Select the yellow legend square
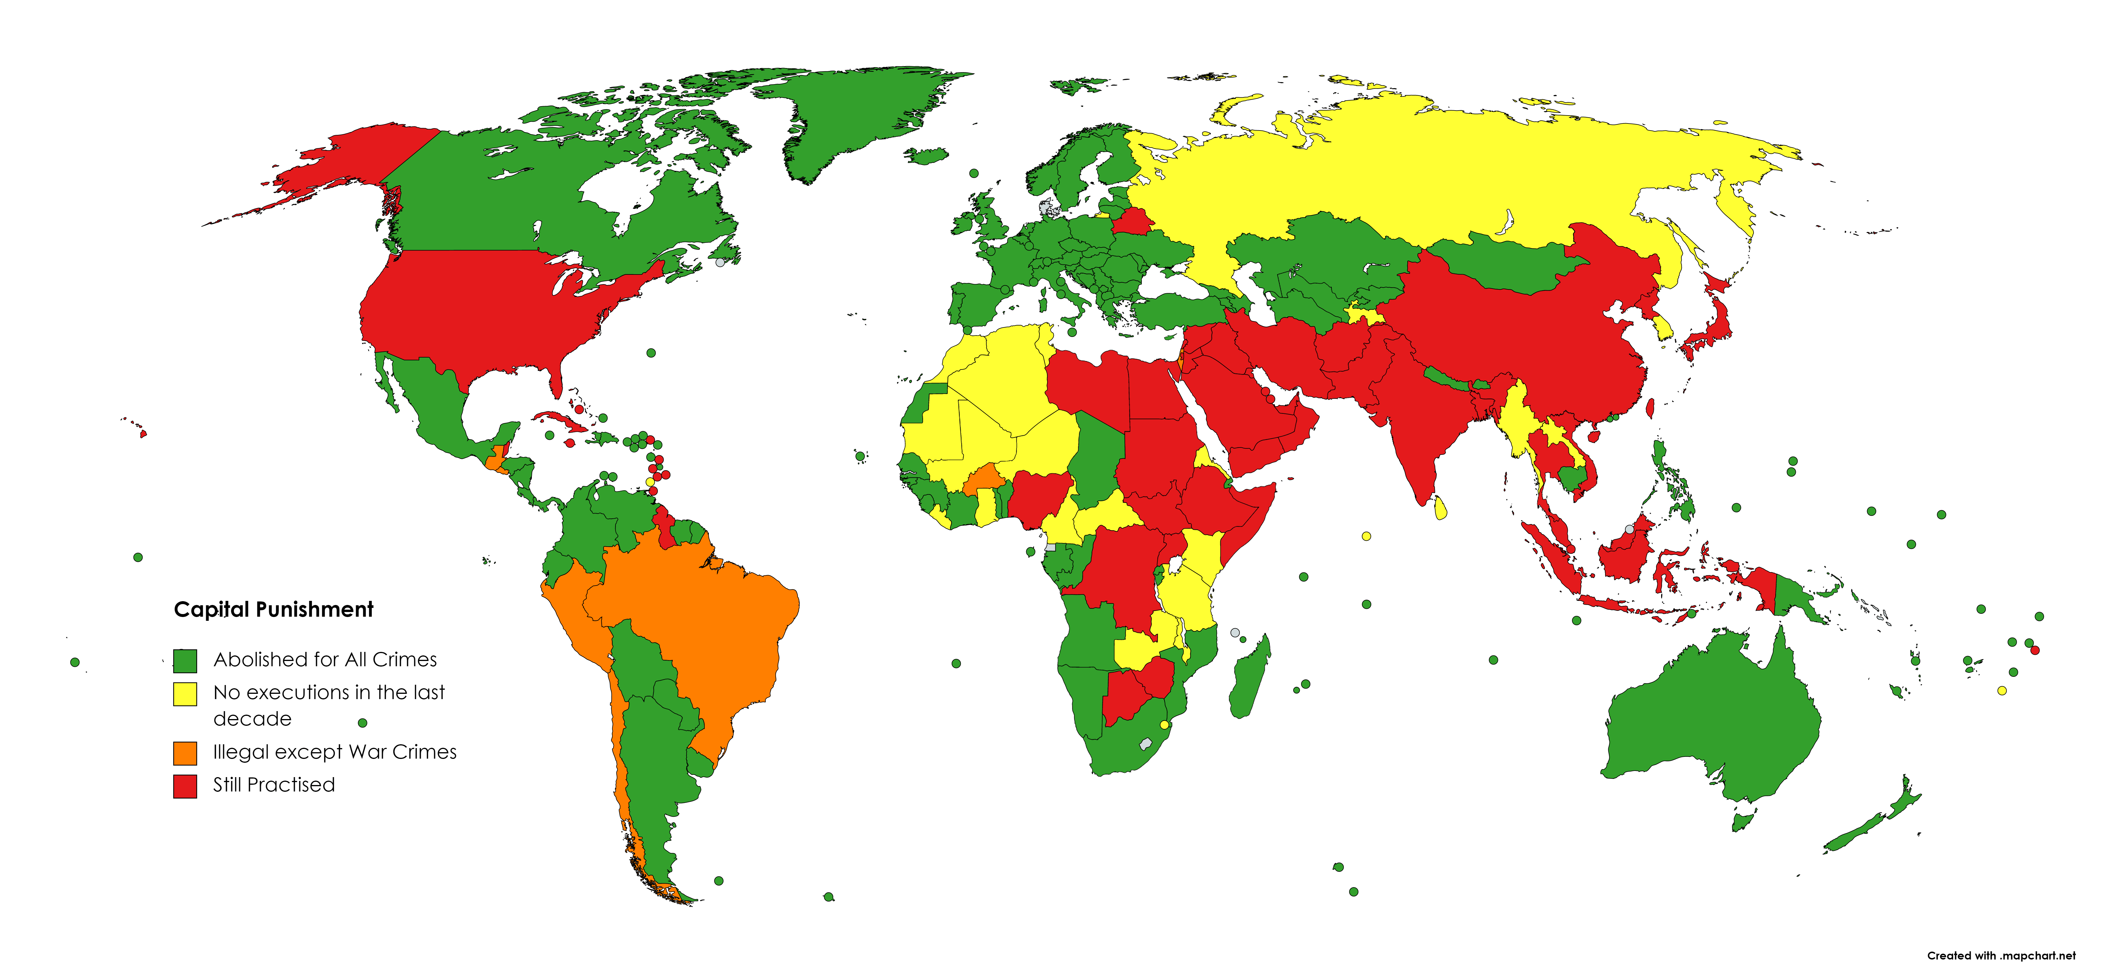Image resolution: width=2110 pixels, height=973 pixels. [x=185, y=694]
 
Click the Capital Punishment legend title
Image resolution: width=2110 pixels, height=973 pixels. [x=274, y=609]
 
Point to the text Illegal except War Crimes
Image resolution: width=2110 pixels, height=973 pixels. [x=334, y=752]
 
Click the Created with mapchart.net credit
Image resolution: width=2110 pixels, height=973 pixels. [x=2001, y=955]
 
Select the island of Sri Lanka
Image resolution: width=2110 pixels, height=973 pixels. [x=1441, y=508]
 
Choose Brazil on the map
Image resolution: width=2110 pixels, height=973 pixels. [x=696, y=623]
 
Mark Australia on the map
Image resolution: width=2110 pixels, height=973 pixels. [x=1712, y=721]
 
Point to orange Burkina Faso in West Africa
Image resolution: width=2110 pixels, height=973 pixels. [x=985, y=479]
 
